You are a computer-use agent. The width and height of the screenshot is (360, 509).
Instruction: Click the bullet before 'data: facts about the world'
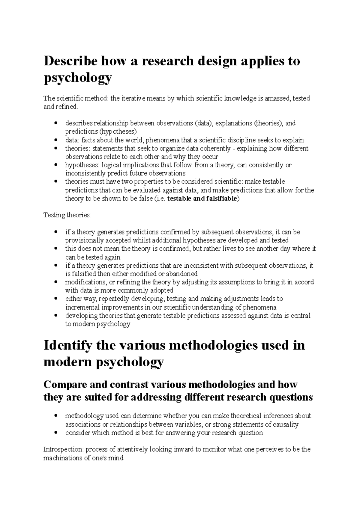pos(56,140)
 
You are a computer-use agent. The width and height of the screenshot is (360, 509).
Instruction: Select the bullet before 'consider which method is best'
pos(56,433)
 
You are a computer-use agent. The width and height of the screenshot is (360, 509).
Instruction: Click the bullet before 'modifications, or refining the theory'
pos(56,282)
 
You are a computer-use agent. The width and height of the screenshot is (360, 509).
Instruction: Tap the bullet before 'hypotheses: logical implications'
pos(56,165)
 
